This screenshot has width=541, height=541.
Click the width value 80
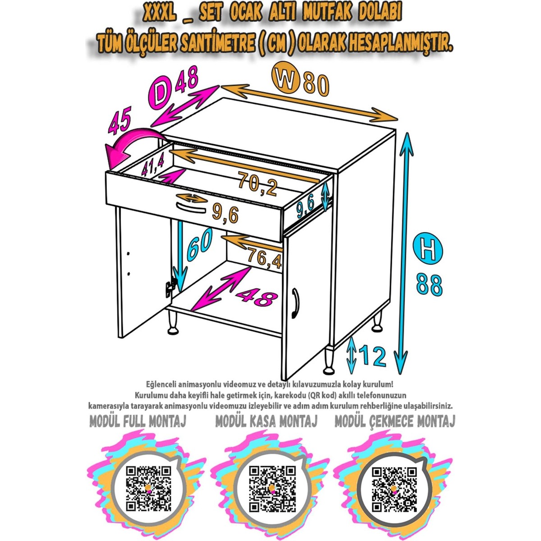click(x=315, y=84)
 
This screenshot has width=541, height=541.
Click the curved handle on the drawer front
click(x=191, y=210)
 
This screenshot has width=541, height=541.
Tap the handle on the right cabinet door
click(x=294, y=303)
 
